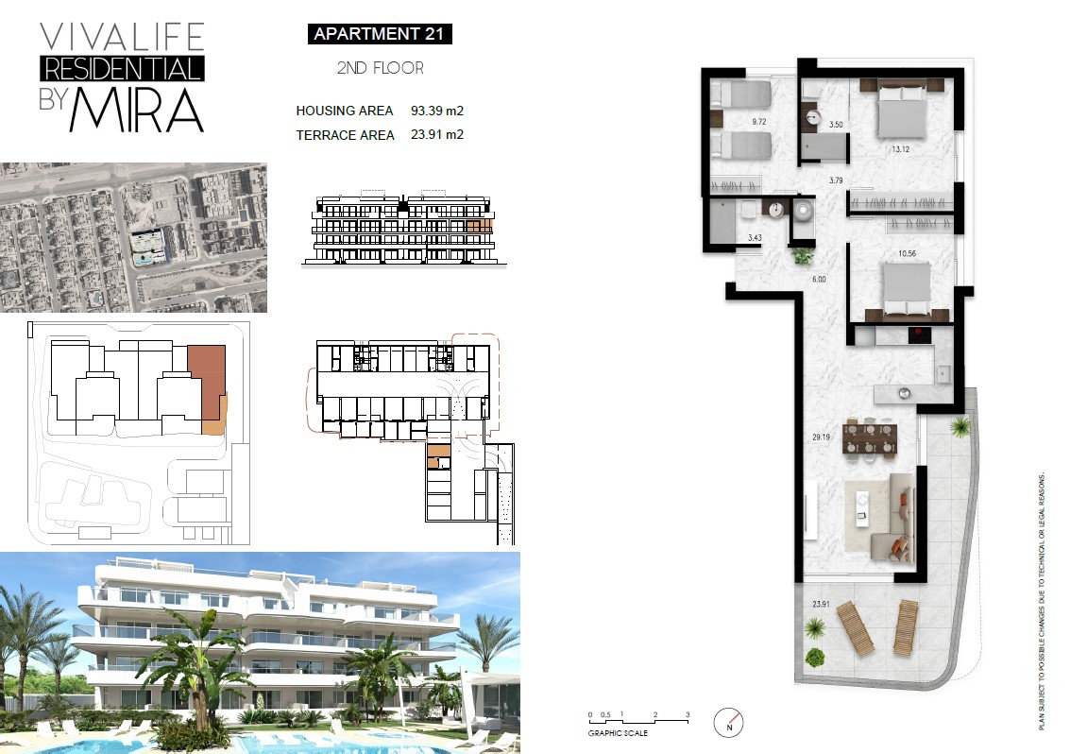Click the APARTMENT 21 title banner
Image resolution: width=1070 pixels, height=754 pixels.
pyautogui.click(x=380, y=33)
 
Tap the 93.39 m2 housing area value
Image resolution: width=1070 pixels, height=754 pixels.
pyautogui.click(x=437, y=111)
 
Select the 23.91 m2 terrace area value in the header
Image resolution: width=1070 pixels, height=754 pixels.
pyautogui.click(x=437, y=134)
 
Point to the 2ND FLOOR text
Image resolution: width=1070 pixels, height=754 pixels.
pyautogui.click(x=380, y=68)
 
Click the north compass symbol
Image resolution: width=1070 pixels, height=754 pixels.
pyautogui.click(x=729, y=723)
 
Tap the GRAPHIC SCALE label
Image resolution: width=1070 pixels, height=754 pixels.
pyautogui.click(x=618, y=733)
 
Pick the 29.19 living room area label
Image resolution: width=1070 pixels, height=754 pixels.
pyautogui.click(x=821, y=437)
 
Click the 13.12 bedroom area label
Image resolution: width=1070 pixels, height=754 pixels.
pyautogui.click(x=901, y=149)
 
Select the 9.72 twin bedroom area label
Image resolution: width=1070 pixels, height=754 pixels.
pyautogui.click(x=759, y=122)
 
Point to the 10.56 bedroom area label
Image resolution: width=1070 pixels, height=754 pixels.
pyautogui.click(x=907, y=253)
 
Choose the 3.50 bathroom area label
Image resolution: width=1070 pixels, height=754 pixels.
pyautogui.click(x=836, y=125)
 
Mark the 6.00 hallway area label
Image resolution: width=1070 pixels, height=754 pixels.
pyautogui.click(x=819, y=279)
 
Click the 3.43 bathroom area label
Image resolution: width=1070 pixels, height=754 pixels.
pyautogui.click(x=754, y=238)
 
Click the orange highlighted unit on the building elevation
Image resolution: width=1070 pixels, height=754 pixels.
pyautogui.click(x=480, y=226)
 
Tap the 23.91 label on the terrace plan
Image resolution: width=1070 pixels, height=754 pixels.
pyautogui.click(x=821, y=604)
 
